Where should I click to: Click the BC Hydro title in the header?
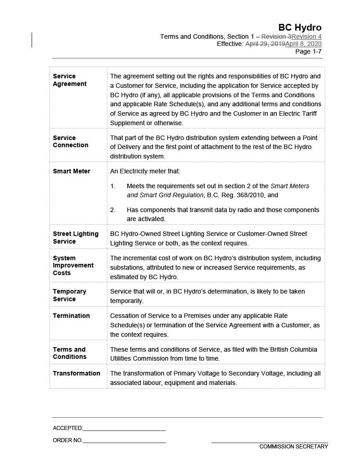pyautogui.click(x=300, y=27)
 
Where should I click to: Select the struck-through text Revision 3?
pyautogui.click(x=276, y=36)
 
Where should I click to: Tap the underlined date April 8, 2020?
pyautogui.click(x=303, y=44)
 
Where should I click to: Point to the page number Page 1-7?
pyautogui.click(x=308, y=51)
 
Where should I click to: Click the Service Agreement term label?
pyautogui.click(x=69, y=80)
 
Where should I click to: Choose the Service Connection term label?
pyautogui.click(x=70, y=141)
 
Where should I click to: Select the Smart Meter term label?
pyautogui.click(x=71, y=171)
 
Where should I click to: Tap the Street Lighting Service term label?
pyautogui.click(x=75, y=237)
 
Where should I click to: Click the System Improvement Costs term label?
pyautogui.click(x=73, y=265)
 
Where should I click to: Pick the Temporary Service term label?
pyautogui.click(x=69, y=295)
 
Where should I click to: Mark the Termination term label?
pyautogui.click(x=71, y=316)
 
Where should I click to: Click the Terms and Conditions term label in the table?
pyautogui.click(x=69, y=353)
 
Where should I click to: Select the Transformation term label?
pyautogui.click(x=76, y=373)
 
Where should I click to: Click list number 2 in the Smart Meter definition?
pyautogui.click(x=113, y=210)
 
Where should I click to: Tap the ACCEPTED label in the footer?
pyautogui.click(x=67, y=428)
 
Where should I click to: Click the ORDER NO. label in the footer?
pyautogui.click(x=67, y=440)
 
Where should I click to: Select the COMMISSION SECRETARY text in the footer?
pyautogui.click(x=293, y=447)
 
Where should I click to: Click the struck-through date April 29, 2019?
pyautogui.click(x=265, y=44)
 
